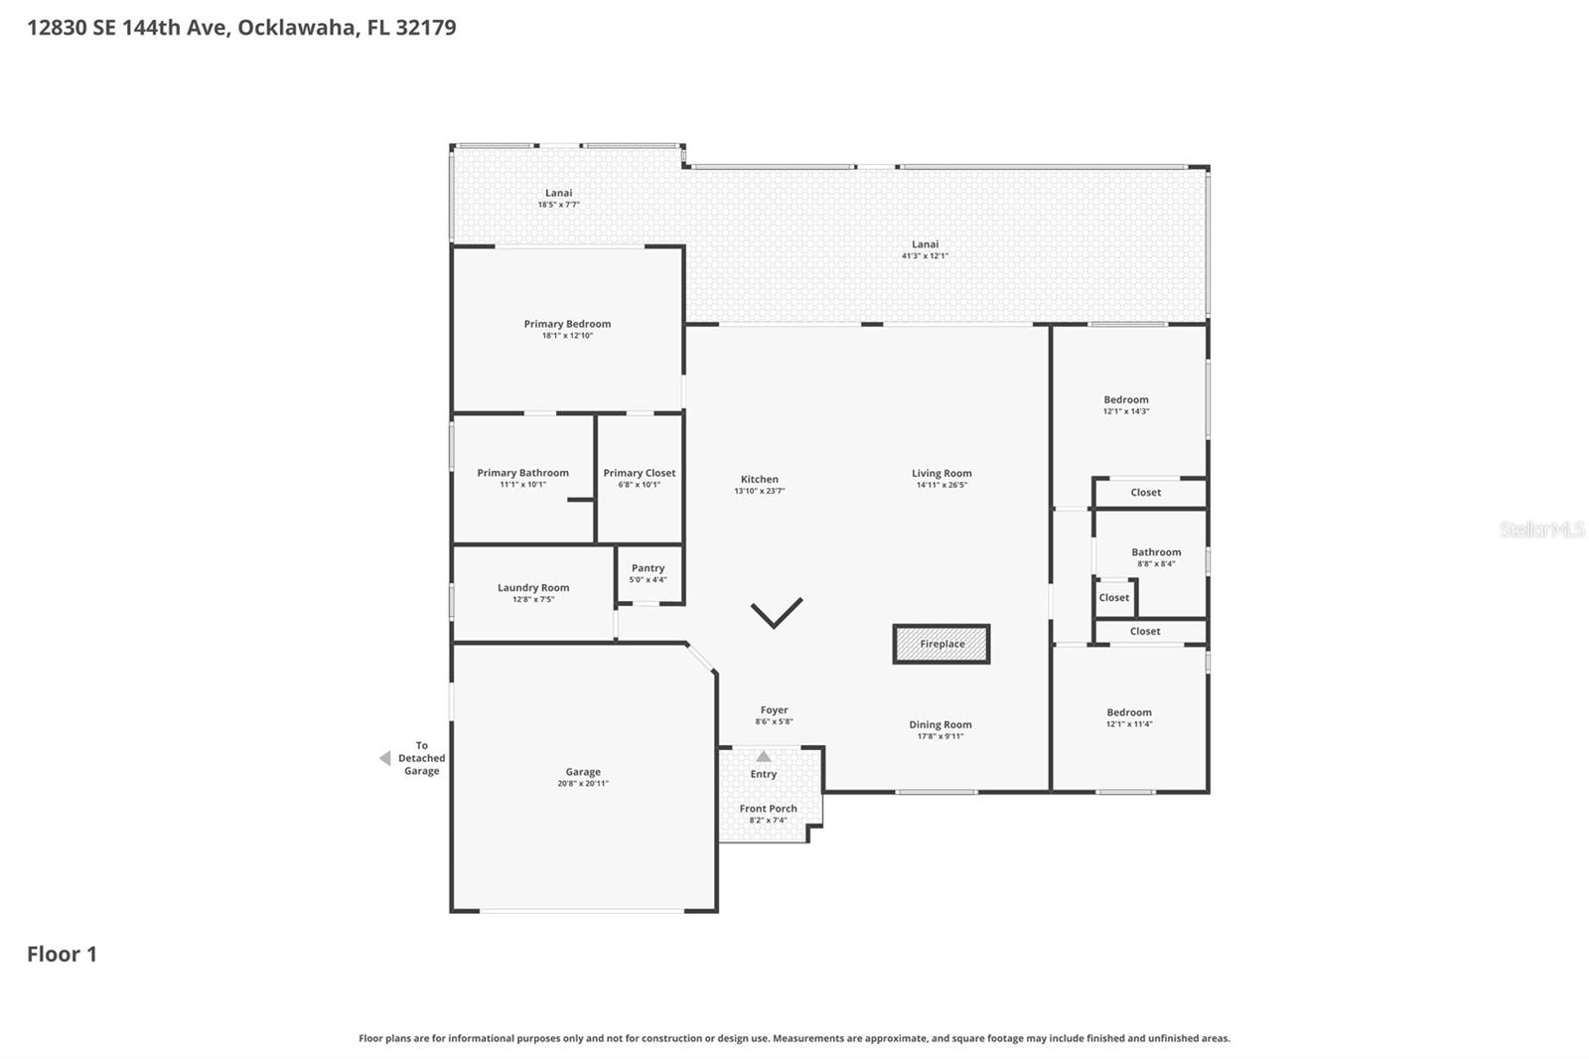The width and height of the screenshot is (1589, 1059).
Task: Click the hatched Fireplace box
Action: click(x=941, y=644)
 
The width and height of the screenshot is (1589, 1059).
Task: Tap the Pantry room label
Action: click(x=648, y=568)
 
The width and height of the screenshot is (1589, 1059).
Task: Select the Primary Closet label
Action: click(x=639, y=473)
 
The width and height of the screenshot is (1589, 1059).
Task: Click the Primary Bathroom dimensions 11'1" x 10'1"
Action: click(x=522, y=485)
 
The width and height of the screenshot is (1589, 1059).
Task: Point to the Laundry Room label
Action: click(x=533, y=587)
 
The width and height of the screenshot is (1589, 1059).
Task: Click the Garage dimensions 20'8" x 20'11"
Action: click(x=583, y=784)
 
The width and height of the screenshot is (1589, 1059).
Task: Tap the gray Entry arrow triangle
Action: click(x=763, y=757)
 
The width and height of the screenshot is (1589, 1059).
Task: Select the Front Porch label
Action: click(x=768, y=809)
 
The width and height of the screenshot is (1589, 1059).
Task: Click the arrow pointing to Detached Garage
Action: click(x=384, y=758)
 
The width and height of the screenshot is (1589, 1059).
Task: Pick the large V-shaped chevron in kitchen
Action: click(x=776, y=613)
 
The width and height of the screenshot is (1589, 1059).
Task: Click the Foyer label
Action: click(x=774, y=710)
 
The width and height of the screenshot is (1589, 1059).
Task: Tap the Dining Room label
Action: click(x=939, y=724)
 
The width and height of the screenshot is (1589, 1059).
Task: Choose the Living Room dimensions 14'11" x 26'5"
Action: click(x=941, y=486)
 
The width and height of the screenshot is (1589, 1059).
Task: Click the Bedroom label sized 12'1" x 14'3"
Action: click(x=1126, y=399)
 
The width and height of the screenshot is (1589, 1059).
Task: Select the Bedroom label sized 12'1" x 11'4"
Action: click(x=1129, y=712)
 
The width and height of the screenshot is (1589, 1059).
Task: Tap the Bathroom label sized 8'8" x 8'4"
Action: click(x=1156, y=552)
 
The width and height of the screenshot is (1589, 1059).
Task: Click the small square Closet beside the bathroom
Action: click(x=1114, y=598)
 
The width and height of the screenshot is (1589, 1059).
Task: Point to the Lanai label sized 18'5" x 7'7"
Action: click(x=558, y=193)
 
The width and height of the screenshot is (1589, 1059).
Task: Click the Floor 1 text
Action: click(x=62, y=954)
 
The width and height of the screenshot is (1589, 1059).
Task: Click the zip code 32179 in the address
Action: click(x=425, y=27)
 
